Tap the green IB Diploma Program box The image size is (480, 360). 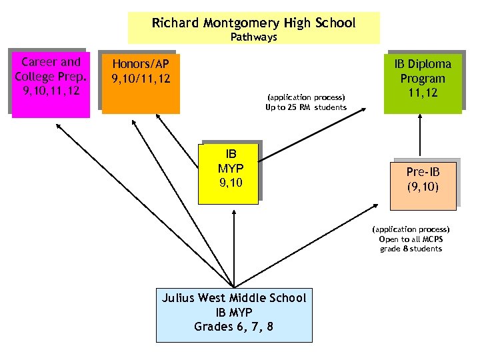point(422,81)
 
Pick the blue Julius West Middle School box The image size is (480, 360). point(233,313)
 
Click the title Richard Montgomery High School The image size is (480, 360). point(253,23)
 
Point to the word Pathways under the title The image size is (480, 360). point(253,37)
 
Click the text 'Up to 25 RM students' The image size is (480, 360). point(306,107)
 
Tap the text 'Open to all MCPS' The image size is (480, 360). point(411,239)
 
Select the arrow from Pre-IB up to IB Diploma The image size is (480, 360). point(421,137)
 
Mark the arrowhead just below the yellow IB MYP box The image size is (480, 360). point(234,212)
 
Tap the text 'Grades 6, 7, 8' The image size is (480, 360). point(233,327)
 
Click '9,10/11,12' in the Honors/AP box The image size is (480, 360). point(141,79)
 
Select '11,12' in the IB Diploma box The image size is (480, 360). point(422,93)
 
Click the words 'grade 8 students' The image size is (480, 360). point(411,249)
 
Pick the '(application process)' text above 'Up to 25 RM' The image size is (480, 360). point(306,98)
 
